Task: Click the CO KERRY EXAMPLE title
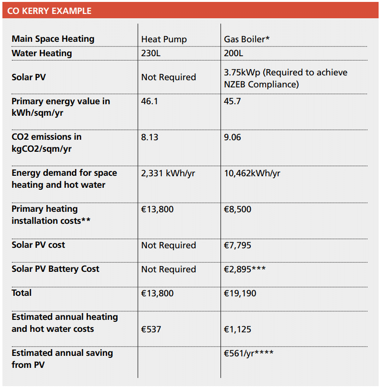[49, 11]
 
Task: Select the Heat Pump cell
[164, 39]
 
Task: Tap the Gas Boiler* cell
[246, 39]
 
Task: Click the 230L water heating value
[151, 53]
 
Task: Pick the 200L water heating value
[234, 53]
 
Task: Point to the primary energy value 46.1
[149, 101]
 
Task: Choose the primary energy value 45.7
[232, 101]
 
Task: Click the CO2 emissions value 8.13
[149, 137]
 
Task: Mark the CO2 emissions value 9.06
[232, 137]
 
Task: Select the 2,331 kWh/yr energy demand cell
[168, 173]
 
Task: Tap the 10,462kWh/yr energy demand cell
[252, 173]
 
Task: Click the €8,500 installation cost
[237, 209]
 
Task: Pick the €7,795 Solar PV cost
[237, 245]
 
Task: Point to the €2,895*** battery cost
[245, 269]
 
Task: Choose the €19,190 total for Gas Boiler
[240, 293]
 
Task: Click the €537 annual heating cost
[151, 329]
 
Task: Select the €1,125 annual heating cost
[237, 329]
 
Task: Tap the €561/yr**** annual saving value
[249, 353]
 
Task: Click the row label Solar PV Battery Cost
[55, 269]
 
